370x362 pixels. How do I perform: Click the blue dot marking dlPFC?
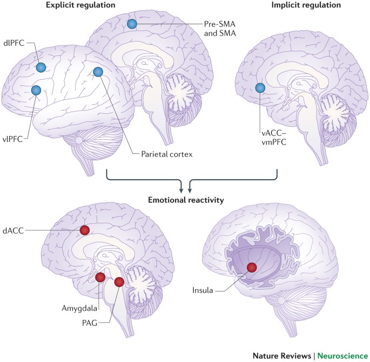(x=41, y=67)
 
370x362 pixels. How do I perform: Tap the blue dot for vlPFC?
(x=36, y=90)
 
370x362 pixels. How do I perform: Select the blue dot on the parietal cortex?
(x=98, y=72)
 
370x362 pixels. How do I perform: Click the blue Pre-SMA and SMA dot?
(x=132, y=24)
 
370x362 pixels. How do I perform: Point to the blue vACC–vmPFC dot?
(x=260, y=88)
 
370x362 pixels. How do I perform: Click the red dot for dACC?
(x=84, y=230)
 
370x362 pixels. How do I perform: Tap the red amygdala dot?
(x=100, y=277)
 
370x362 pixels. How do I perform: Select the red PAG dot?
(x=119, y=282)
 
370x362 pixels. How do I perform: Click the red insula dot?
(x=251, y=268)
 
